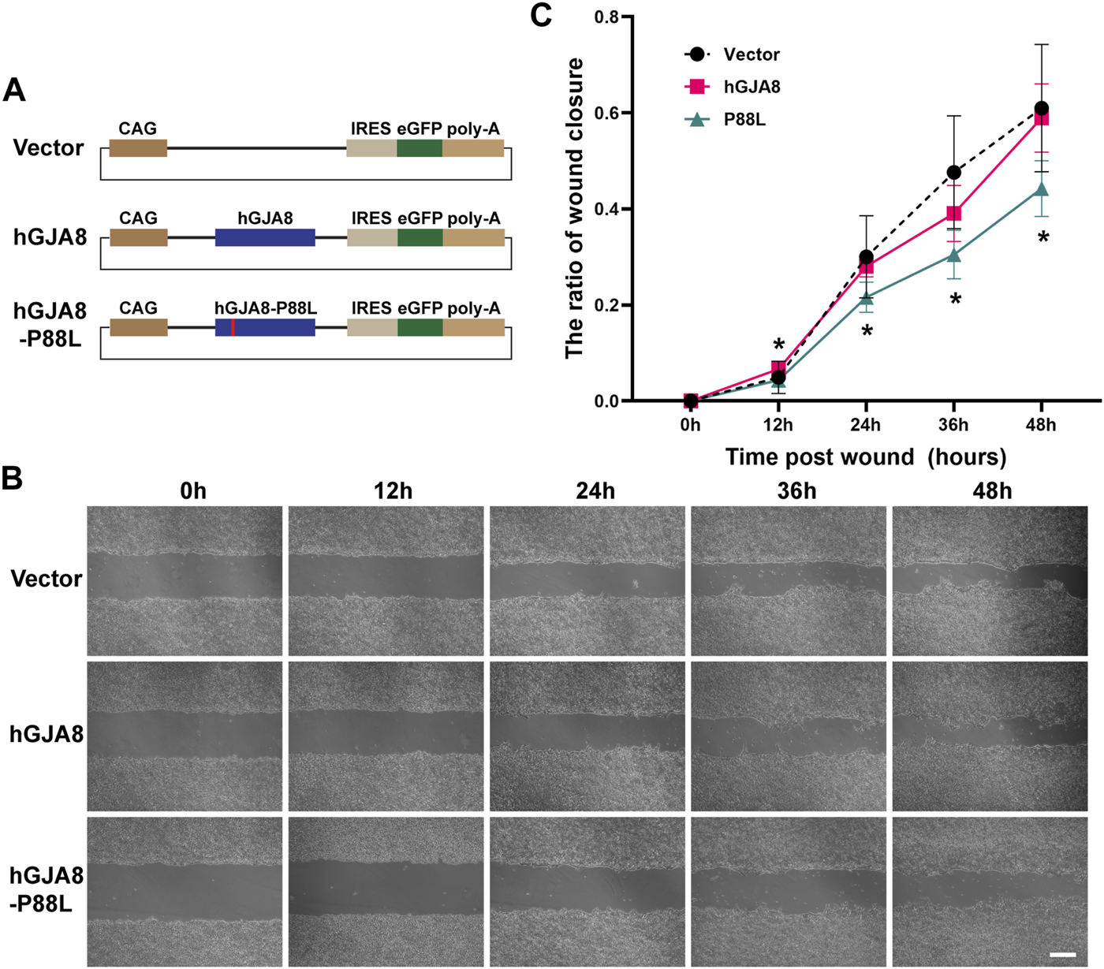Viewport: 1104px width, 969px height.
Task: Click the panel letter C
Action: point(541,15)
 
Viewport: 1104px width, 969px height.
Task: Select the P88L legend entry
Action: point(744,120)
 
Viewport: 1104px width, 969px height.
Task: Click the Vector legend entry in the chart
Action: point(751,54)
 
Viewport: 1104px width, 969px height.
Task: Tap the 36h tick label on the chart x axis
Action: point(953,425)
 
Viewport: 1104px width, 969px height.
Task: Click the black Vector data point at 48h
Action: point(1041,108)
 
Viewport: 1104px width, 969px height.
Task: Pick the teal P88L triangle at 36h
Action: point(954,255)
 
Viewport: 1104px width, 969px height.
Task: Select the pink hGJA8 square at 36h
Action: point(954,214)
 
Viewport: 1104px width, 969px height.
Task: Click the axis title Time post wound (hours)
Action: point(865,457)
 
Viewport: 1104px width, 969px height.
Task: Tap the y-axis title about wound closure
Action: point(574,208)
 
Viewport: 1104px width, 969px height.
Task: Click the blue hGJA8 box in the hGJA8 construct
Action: point(265,237)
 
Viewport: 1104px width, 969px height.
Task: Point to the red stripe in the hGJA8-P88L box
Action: point(233,327)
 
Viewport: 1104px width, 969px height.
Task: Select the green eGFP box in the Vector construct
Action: point(420,148)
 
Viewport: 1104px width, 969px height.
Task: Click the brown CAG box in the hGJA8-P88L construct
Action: point(138,327)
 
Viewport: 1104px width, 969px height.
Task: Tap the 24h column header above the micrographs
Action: point(595,491)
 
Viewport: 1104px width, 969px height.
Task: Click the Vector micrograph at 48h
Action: point(990,580)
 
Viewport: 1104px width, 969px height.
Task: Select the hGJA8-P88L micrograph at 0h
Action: point(185,891)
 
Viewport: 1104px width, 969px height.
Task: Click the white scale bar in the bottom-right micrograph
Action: point(1062,955)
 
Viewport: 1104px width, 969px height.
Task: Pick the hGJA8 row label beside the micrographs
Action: point(47,735)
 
